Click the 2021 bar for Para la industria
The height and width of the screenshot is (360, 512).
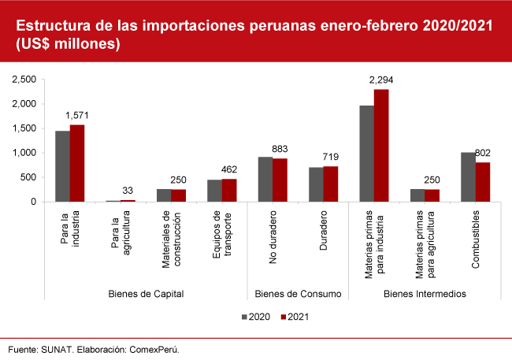(x=77, y=163)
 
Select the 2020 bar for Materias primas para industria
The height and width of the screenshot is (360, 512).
(x=366, y=154)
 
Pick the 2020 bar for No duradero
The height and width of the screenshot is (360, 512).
(x=265, y=179)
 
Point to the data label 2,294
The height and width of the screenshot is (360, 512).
(x=381, y=80)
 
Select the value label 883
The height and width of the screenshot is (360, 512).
(x=280, y=149)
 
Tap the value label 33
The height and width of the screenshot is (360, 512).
(x=127, y=190)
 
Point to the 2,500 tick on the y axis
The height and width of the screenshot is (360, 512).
(x=26, y=80)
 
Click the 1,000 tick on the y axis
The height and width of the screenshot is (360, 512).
(x=26, y=153)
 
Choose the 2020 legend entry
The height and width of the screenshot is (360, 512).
(x=254, y=317)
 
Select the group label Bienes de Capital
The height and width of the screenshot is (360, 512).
(x=146, y=294)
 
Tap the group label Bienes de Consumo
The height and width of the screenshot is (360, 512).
(x=298, y=294)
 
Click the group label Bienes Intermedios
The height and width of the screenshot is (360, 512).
(x=424, y=294)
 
